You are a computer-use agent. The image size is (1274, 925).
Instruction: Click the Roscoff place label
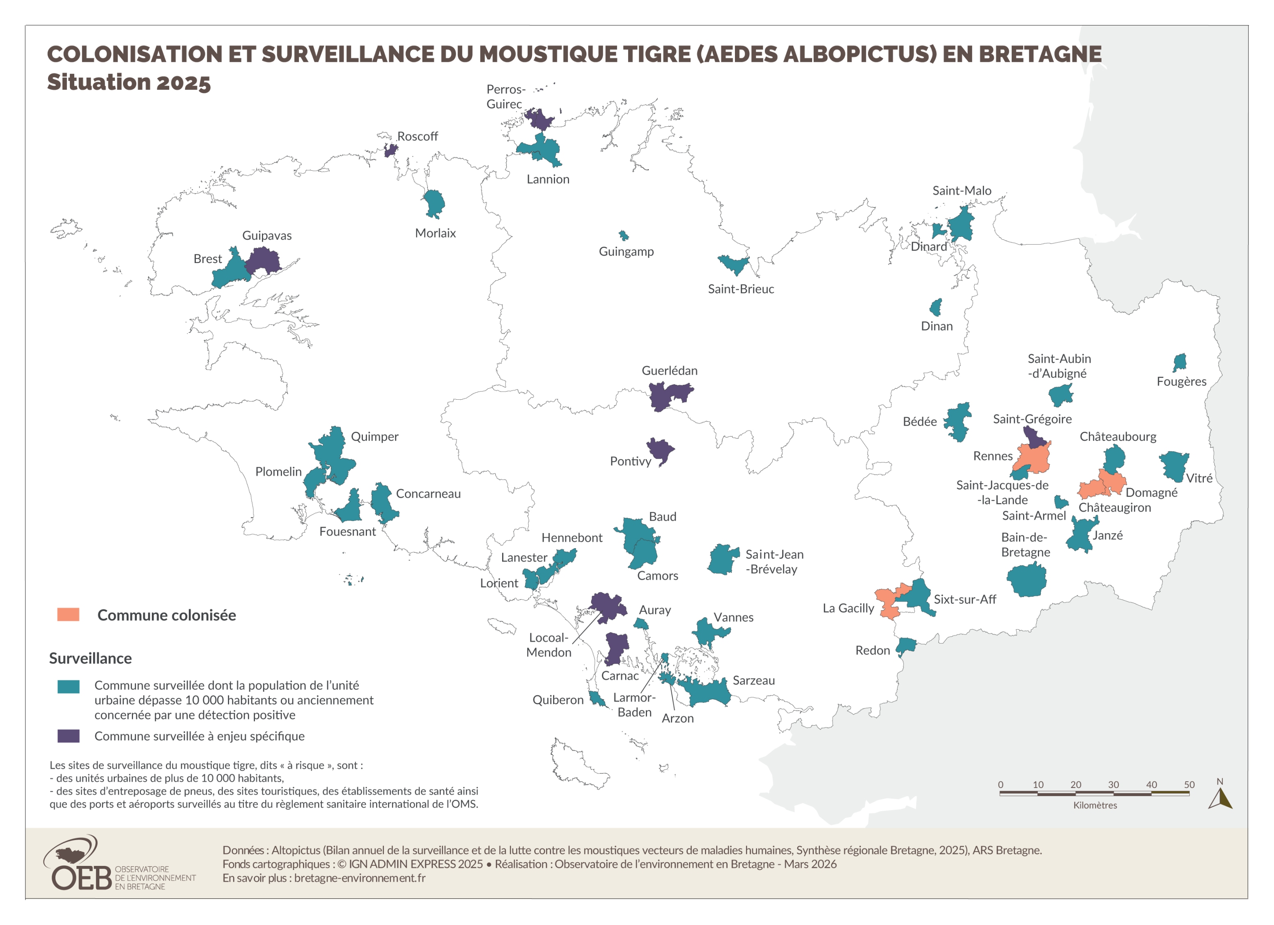[x=418, y=137]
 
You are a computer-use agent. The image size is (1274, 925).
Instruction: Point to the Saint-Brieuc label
[x=740, y=289]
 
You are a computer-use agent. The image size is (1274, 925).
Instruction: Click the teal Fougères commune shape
[x=1180, y=362]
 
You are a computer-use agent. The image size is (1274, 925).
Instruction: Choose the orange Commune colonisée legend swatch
[x=68, y=614]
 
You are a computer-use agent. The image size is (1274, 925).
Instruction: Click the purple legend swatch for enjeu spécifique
[x=68, y=736]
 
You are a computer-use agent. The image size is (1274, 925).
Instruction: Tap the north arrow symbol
[x=1220, y=798]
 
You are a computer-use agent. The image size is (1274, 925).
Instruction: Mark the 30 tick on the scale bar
[x=1113, y=785]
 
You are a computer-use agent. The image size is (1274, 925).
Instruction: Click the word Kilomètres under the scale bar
[x=1095, y=805]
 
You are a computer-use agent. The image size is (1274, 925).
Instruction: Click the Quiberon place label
[x=558, y=700]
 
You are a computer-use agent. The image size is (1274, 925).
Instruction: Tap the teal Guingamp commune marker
[x=624, y=235]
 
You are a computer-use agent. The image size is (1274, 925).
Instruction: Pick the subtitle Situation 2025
[x=129, y=82]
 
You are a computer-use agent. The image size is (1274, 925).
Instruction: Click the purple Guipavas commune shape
[x=263, y=261]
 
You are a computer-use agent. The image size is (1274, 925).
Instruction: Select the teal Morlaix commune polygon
[x=433, y=203]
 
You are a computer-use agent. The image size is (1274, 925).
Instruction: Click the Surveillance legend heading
[x=90, y=658]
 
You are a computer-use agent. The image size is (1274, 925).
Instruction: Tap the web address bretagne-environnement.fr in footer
[x=360, y=878]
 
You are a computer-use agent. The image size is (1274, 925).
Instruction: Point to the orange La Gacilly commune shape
[x=888, y=604]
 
